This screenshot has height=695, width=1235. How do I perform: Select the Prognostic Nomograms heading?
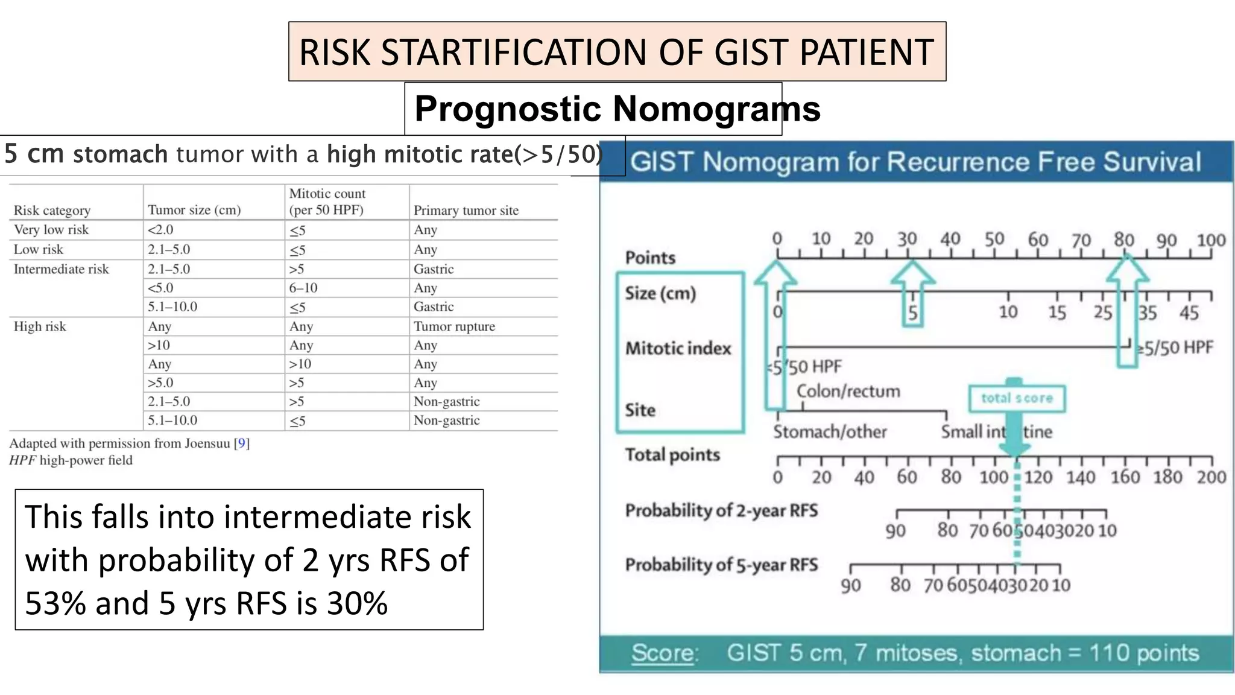[617, 109]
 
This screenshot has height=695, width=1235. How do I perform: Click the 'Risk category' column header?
[52, 210]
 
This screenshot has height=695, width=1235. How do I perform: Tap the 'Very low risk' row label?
[51, 230]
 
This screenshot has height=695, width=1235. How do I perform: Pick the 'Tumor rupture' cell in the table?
[454, 326]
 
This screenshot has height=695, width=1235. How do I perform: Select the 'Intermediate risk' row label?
[61, 269]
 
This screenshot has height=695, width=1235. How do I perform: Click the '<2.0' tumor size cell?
[160, 230]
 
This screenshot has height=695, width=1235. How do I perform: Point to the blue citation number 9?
[242, 443]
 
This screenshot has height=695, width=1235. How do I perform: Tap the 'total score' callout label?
[1017, 398]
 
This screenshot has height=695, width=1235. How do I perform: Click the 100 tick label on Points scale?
[1211, 240]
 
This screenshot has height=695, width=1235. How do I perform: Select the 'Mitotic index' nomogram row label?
[678, 348]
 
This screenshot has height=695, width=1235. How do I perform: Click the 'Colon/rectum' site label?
[848, 391]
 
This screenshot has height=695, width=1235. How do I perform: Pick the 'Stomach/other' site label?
[830, 431]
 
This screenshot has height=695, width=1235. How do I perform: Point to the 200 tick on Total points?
[1211, 477]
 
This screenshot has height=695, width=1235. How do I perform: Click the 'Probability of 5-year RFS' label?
[721, 565]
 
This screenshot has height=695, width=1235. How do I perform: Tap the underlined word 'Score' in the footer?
[662, 653]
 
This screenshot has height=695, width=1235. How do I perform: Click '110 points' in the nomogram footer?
[1144, 653]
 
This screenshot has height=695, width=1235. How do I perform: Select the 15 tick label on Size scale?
[1057, 313]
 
